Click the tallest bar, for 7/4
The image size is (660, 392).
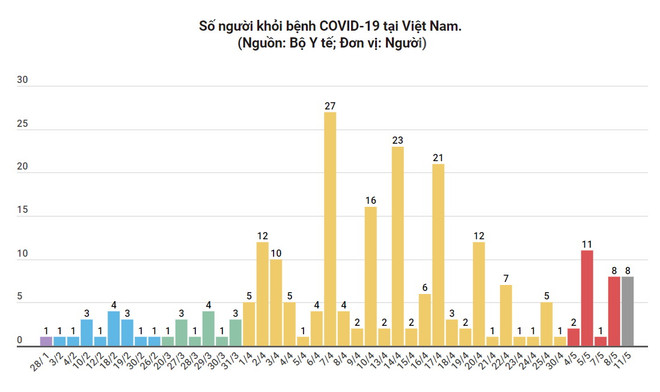click(x=330, y=228)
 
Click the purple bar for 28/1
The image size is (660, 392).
click(x=46, y=340)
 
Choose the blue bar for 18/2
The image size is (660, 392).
click(x=114, y=328)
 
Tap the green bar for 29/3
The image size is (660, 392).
click(x=208, y=328)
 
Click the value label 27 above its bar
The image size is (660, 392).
click(x=330, y=105)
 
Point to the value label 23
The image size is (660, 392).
click(x=398, y=140)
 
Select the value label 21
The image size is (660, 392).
click(x=438, y=157)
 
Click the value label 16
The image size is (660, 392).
click(x=370, y=200)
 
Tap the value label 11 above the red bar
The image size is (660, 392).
click(x=587, y=243)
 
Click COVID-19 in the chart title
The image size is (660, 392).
click(x=358, y=24)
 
